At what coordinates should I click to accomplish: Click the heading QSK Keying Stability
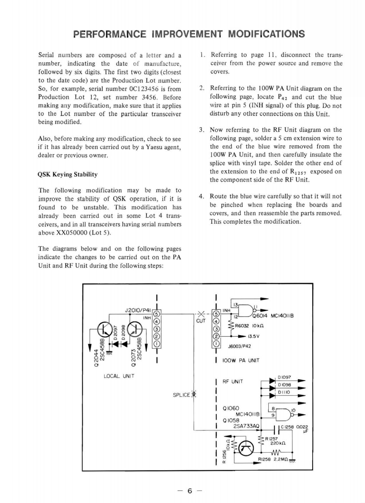68,174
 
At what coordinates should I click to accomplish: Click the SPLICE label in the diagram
181,395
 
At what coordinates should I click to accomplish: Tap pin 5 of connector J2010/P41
157,313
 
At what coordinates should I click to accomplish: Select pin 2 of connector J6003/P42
216,336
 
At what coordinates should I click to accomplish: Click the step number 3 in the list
202,130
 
